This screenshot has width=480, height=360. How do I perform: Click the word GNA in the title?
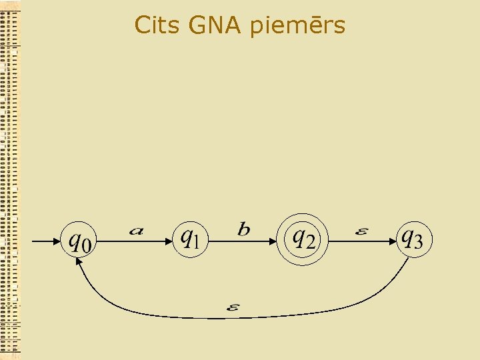(215, 25)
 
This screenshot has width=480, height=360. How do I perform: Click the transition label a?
(136, 231)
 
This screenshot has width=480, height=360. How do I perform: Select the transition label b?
(244, 230)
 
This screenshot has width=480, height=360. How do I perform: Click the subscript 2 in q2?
(310, 243)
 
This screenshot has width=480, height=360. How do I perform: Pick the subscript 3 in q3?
(418, 243)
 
